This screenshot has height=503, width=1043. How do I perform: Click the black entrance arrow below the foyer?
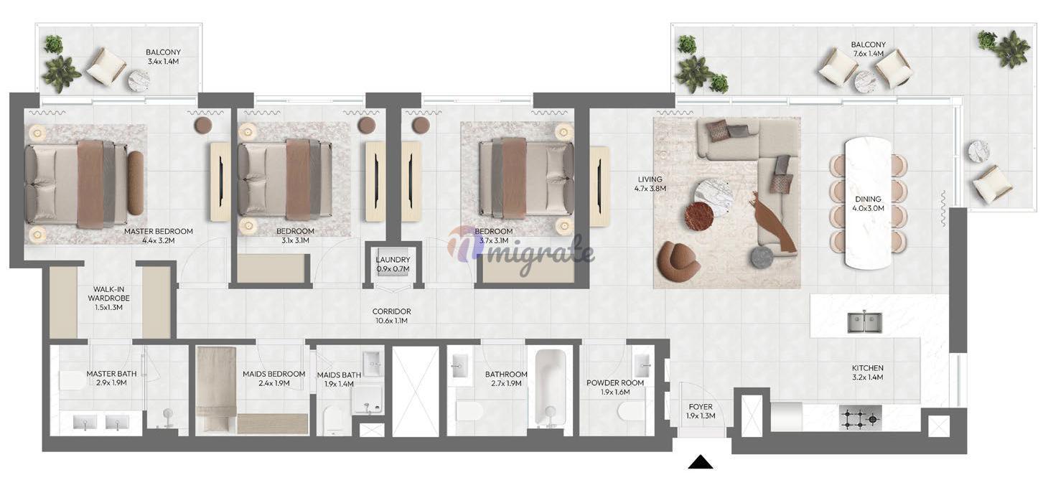click(701, 463)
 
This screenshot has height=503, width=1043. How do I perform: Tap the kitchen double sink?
click(864, 322)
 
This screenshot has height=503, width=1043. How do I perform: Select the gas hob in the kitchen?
click(861, 418)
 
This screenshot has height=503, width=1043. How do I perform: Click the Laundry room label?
click(393, 264)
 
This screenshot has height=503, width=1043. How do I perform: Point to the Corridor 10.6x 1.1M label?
click(392, 316)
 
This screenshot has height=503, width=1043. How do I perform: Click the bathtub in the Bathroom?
click(551, 388)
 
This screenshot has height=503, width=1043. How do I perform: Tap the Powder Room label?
click(615, 387)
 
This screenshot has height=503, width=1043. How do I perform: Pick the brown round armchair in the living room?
click(679, 261)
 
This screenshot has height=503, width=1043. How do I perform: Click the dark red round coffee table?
click(699, 217)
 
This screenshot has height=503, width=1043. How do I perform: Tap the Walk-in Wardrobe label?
click(109, 298)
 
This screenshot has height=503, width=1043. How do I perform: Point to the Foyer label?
click(701, 411)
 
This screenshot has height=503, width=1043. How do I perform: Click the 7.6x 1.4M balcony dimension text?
click(869, 54)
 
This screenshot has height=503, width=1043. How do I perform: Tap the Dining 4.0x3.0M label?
click(868, 204)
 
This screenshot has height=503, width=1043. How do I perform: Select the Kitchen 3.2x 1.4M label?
click(868, 372)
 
